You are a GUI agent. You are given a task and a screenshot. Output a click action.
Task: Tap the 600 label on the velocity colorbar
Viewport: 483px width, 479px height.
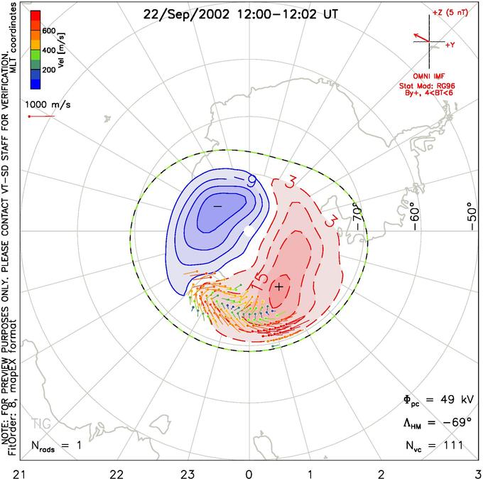(x=49, y=31)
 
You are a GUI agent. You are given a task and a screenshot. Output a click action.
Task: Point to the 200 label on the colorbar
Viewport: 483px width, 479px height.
(x=49, y=70)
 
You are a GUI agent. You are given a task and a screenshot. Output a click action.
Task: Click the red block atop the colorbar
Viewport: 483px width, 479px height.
(x=35, y=17)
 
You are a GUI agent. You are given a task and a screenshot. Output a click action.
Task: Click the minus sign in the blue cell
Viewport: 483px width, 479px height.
(x=218, y=205)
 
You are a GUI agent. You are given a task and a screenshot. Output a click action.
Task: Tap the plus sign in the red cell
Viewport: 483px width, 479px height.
(x=280, y=286)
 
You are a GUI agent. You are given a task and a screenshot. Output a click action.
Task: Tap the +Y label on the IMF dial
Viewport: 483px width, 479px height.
(x=450, y=45)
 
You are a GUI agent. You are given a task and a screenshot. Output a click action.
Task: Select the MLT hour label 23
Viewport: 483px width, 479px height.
(x=188, y=471)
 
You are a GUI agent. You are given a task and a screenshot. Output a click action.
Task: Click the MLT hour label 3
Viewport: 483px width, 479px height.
(x=477, y=471)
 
